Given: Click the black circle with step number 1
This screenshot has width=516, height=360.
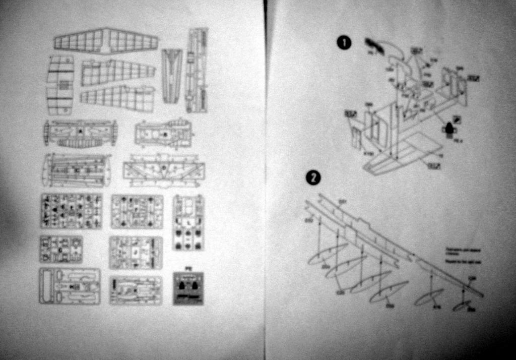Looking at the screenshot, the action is point(344,43).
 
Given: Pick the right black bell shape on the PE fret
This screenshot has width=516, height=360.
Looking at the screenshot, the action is point(195,286).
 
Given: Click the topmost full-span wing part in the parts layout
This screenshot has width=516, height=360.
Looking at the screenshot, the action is point(106,40).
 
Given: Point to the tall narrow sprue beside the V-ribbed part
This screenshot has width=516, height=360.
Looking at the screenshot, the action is point(197,70).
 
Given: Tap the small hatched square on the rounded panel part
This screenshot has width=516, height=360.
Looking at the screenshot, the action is point(63,85).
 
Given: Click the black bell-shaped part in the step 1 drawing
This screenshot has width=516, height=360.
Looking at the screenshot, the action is point(448,127).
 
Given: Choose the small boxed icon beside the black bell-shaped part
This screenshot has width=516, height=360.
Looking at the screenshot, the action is point(457,119).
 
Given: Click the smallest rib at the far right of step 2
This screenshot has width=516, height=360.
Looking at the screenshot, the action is point(462,306).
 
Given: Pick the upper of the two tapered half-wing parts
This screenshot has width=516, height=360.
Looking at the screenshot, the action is point(118,72).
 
